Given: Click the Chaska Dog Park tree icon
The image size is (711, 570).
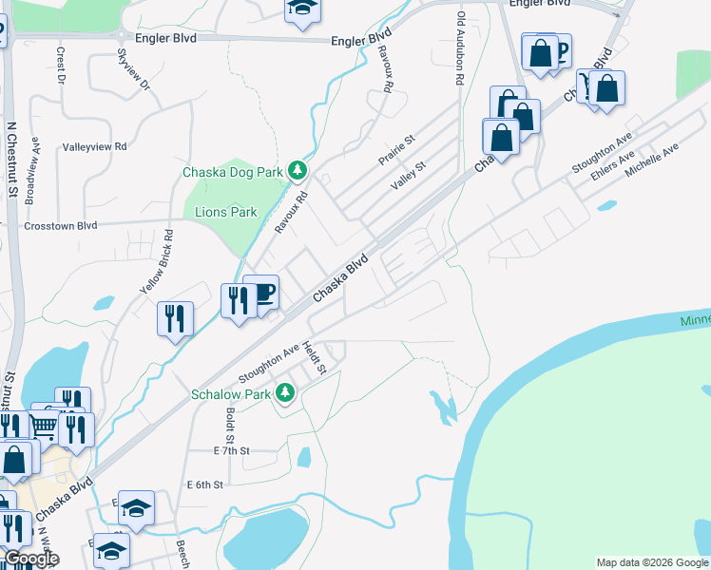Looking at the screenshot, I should [298, 171].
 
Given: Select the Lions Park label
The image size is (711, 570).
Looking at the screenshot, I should [226, 212].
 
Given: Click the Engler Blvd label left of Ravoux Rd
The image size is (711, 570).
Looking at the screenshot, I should [360, 41].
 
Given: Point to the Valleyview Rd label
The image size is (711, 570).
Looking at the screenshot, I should [94, 147].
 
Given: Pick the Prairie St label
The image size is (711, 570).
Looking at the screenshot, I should [396, 150].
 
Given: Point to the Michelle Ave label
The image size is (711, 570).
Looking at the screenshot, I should [652, 162].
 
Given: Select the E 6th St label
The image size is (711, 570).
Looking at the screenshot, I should [204, 484].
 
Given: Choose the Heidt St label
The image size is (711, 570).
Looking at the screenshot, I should [315, 357].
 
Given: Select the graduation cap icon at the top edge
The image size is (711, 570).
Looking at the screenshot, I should [303, 8].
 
